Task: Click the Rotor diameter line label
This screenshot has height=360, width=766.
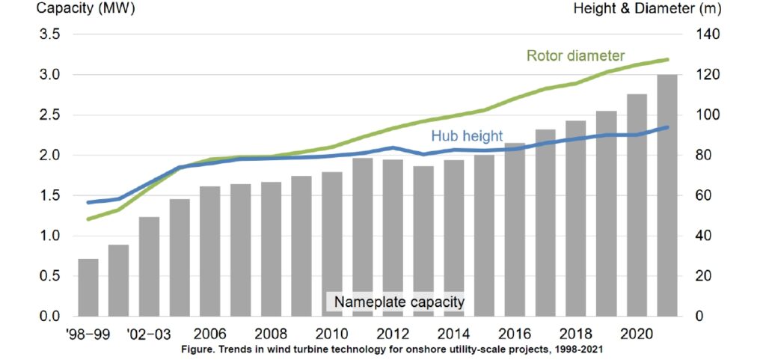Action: (x=575, y=56)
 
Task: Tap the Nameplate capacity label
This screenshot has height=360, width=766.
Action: (x=399, y=302)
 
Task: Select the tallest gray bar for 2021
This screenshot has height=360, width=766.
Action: (x=667, y=195)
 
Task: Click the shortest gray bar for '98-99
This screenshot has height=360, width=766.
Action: (x=88, y=287)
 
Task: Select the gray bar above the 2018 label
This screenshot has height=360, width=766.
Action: (x=575, y=218)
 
